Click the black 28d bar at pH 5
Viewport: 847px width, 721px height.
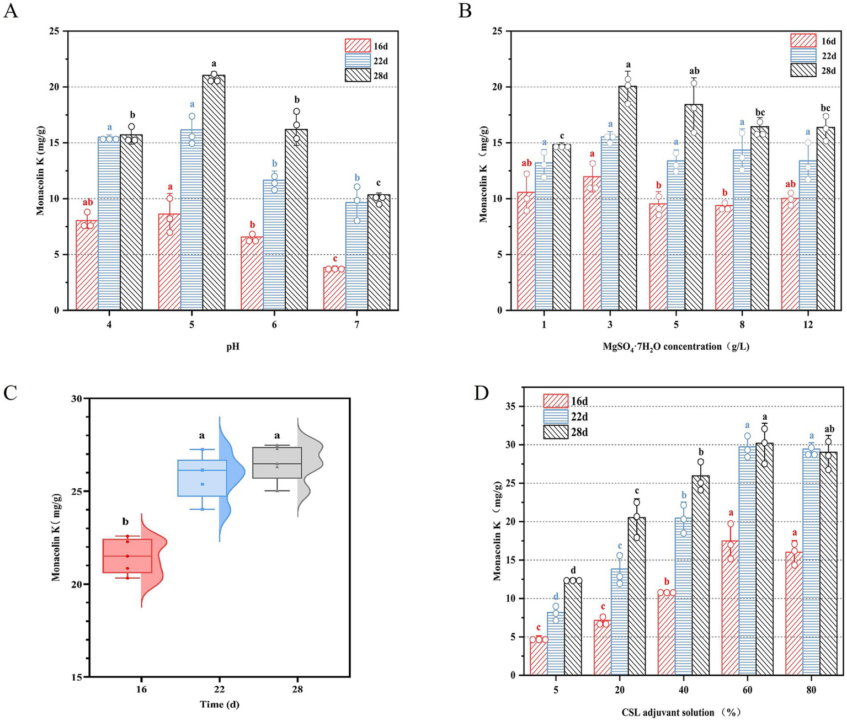click(x=214, y=193)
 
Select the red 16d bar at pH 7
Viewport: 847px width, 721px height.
click(x=334, y=289)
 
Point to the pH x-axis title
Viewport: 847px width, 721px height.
click(x=232, y=348)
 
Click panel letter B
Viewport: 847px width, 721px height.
click(x=465, y=10)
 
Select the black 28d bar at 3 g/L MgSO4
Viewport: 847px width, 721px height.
click(x=627, y=199)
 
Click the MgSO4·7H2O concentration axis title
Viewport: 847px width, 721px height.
click(x=676, y=347)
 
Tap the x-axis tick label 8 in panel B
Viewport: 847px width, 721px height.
click(x=742, y=325)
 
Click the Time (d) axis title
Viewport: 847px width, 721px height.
click(x=220, y=704)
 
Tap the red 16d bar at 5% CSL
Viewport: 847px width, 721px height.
click(x=538, y=656)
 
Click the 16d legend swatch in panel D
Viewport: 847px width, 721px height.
click(x=555, y=401)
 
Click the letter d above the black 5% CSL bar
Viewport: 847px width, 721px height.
click(x=573, y=570)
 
